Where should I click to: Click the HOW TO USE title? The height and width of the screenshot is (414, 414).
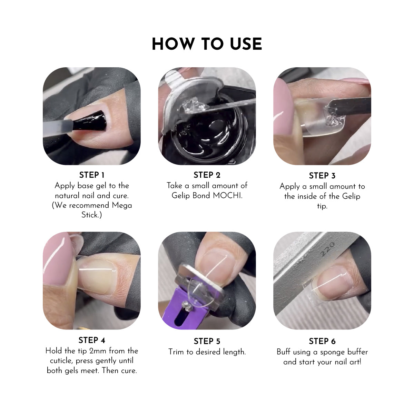click(207, 44)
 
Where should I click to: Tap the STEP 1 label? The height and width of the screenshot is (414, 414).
click(92, 175)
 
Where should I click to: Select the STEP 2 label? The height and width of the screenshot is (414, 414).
click(207, 175)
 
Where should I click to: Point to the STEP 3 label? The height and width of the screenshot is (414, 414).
click(322, 176)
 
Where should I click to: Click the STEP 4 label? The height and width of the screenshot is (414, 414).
click(92, 340)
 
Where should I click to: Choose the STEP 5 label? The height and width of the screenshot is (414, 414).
click(207, 341)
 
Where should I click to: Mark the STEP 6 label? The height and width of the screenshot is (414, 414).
click(322, 341)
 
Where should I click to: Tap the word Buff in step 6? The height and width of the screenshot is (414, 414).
click(284, 352)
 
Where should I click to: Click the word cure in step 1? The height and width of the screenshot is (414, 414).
click(120, 196)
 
